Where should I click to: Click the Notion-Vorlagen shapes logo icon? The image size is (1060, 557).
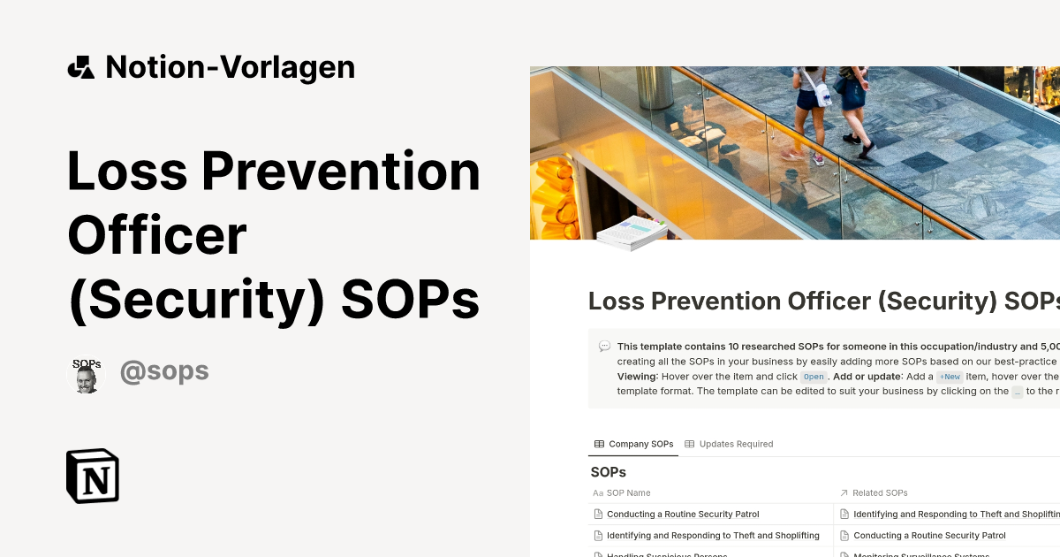pos(80,67)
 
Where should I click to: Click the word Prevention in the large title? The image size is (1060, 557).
pos(341,172)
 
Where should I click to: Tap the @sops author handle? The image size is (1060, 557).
pos(164,371)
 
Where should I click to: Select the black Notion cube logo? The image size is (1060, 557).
pos(93,476)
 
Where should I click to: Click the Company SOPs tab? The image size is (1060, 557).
pos(633,444)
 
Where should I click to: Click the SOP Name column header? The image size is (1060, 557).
pos(628,492)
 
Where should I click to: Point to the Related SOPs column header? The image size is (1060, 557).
pos(880,492)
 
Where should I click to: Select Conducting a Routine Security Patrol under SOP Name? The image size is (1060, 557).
pos(683,514)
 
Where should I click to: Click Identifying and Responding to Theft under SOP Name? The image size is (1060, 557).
pos(713,535)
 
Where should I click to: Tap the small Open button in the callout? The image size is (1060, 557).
pos(813,377)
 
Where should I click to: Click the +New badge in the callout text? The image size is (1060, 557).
pos(950,377)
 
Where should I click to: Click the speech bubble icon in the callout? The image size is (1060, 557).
pos(604,347)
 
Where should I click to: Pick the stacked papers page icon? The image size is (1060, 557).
pos(632,233)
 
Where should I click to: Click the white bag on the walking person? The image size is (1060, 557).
pos(823,95)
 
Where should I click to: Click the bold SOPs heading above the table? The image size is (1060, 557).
pos(608,472)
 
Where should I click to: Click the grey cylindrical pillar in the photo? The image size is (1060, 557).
pos(655,88)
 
